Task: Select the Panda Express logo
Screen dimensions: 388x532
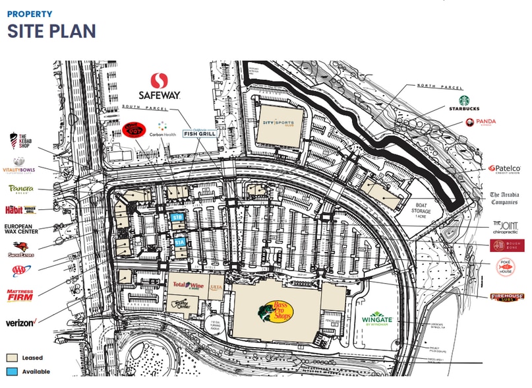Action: pos(479,122)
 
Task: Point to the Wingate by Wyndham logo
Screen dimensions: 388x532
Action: pos(376,319)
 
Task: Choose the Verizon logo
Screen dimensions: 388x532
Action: pos(20,323)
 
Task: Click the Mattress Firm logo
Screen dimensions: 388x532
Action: pos(20,295)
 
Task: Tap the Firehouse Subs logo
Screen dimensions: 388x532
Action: pos(507,297)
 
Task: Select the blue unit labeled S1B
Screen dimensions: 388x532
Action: pos(177,217)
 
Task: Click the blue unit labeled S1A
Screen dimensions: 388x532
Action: pos(180,243)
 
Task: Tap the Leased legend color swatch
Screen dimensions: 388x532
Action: pos(11,358)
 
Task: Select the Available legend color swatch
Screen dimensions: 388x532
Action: pos(11,372)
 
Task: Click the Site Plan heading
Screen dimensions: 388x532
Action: pos(51,31)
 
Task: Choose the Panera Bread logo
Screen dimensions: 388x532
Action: pos(21,189)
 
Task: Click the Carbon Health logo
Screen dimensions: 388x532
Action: pos(164,129)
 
